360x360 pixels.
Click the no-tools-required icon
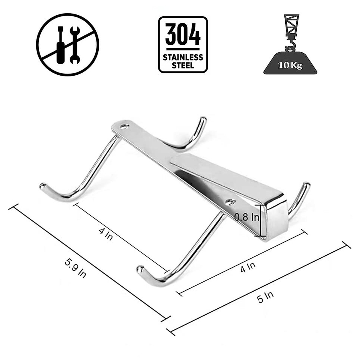67,45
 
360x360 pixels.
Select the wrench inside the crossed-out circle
75,45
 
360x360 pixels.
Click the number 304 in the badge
183,34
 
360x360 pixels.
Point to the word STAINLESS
183,57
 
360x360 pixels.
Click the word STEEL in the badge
183,65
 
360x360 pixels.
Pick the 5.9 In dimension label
75,267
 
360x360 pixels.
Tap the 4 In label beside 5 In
248,267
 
